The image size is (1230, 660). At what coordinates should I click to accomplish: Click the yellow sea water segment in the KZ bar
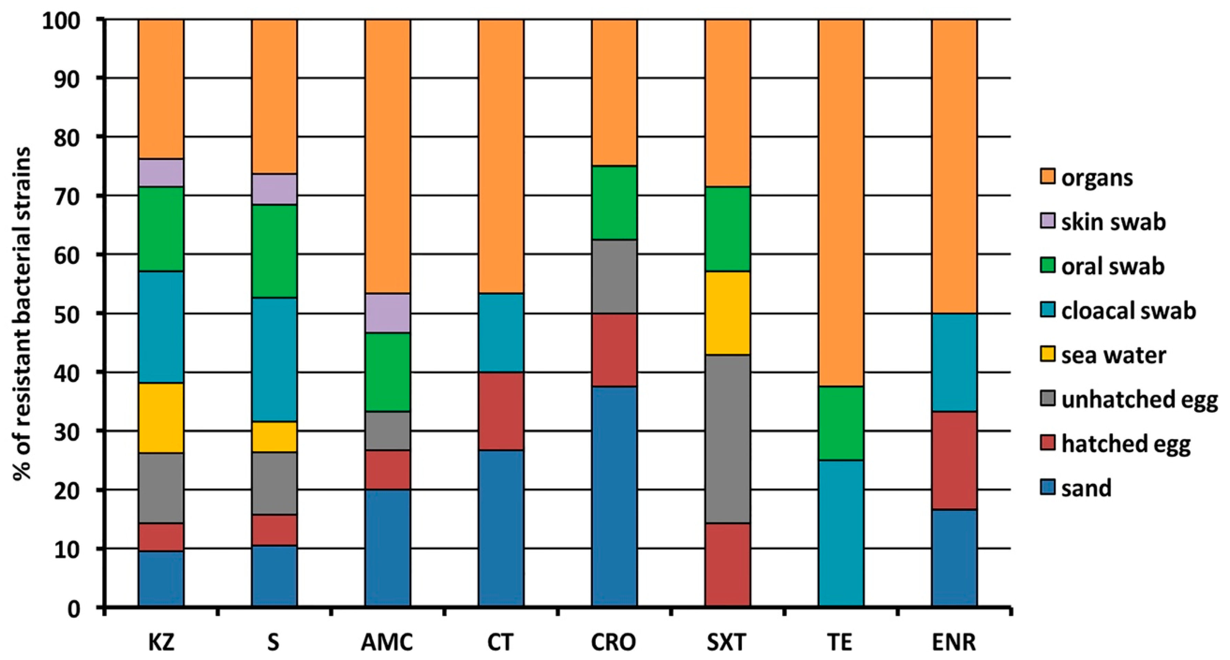click(x=161, y=418)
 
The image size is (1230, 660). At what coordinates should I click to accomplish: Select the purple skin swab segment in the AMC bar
click(x=388, y=313)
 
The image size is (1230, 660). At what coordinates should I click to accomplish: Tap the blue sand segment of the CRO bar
click(x=614, y=496)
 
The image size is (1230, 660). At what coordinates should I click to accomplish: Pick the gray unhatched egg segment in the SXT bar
click(x=728, y=439)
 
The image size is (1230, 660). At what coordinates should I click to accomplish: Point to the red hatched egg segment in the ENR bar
click(x=954, y=461)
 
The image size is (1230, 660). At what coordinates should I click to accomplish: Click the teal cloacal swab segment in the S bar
click(x=274, y=359)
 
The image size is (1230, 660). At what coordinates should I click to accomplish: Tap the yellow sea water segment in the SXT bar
click(x=728, y=313)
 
